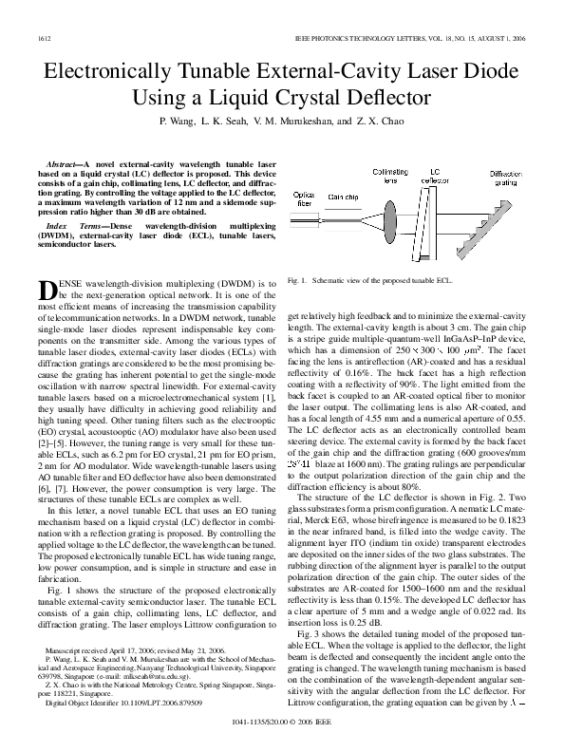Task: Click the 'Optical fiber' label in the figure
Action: click(304, 199)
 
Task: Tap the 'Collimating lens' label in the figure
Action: click(389, 178)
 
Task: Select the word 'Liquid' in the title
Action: click(248, 97)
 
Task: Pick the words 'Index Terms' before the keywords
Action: click(76, 227)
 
